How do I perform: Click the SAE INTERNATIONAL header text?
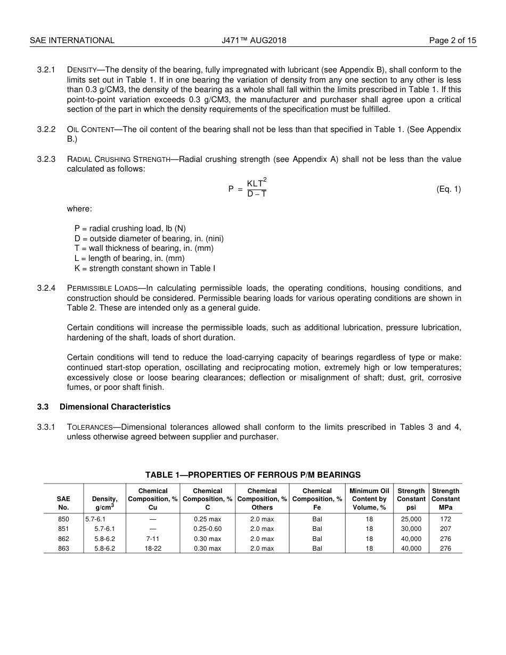tap(72, 40)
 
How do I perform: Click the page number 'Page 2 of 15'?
tap(453, 40)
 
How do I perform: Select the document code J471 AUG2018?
tap(254, 40)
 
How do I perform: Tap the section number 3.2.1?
tap(46, 70)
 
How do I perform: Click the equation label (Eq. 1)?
tap(448, 189)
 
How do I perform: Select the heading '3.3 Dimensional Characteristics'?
tap(104, 407)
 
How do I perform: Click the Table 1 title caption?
tap(253, 475)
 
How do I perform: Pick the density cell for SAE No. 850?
tap(95, 519)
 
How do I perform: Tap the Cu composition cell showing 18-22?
tap(153, 548)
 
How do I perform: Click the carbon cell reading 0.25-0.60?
tap(207, 529)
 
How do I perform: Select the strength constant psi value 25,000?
tap(411, 519)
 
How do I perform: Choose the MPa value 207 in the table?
tap(445, 529)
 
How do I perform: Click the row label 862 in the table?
tap(63, 539)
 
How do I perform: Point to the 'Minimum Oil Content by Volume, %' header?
tap(369, 499)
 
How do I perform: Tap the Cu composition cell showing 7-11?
tap(153, 539)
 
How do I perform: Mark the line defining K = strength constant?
tap(145, 268)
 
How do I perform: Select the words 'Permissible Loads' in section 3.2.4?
tap(102, 289)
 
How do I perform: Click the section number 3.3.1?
tap(46, 427)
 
